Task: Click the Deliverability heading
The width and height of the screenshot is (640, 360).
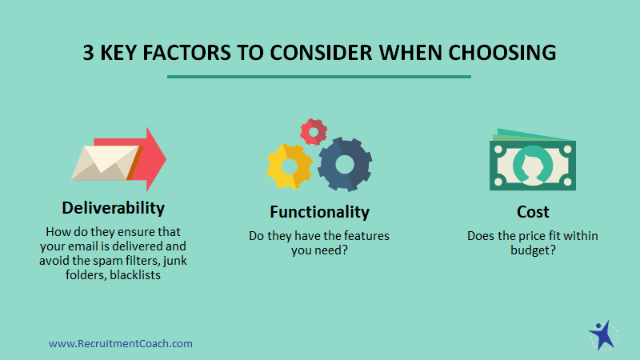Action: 113,209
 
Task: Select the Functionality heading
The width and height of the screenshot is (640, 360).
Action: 319,212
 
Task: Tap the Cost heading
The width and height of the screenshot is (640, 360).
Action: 533,212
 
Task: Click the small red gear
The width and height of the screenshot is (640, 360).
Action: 314,132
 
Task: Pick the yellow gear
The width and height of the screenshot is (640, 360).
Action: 290,166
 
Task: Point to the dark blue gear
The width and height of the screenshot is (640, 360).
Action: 345,164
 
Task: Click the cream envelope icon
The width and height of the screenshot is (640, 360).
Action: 106,163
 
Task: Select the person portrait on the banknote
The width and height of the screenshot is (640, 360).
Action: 533,166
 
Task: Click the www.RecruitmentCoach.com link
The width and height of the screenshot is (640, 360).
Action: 121,344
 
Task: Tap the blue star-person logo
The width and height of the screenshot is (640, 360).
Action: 603,336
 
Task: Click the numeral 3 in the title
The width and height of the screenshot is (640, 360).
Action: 88,53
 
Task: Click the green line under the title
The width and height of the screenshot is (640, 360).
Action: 319,76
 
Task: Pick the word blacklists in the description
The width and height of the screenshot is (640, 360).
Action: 135,275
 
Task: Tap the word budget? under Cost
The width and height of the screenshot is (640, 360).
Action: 533,250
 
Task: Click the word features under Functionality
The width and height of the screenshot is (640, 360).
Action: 366,236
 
